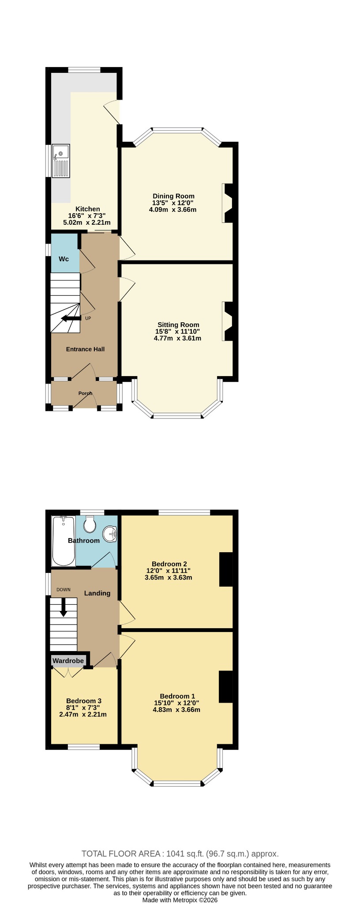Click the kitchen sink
pos(61,161)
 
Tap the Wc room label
pos(64,259)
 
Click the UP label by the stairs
pos(88,318)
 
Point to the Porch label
pos(85,393)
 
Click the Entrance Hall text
pos(85,349)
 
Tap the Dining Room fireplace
pos(230,203)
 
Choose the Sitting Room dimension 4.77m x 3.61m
pos(177,339)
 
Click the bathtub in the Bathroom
pos(63,541)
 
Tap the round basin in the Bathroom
pos(110,534)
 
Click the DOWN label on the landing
pos(63,590)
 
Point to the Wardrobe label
pos(68,661)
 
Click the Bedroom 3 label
pos(84,701)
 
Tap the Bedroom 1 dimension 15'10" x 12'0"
pos(176,703)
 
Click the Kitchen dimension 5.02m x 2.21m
pos(87,222)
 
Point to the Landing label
pos(97,593)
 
